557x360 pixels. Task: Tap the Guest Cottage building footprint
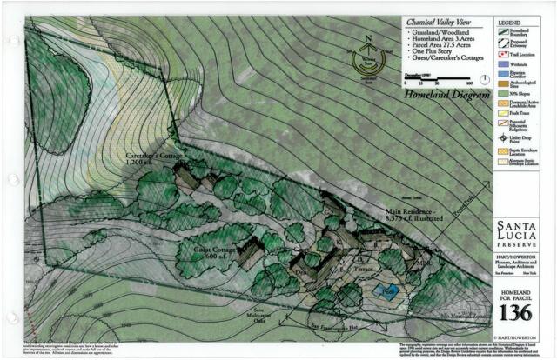250,253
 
